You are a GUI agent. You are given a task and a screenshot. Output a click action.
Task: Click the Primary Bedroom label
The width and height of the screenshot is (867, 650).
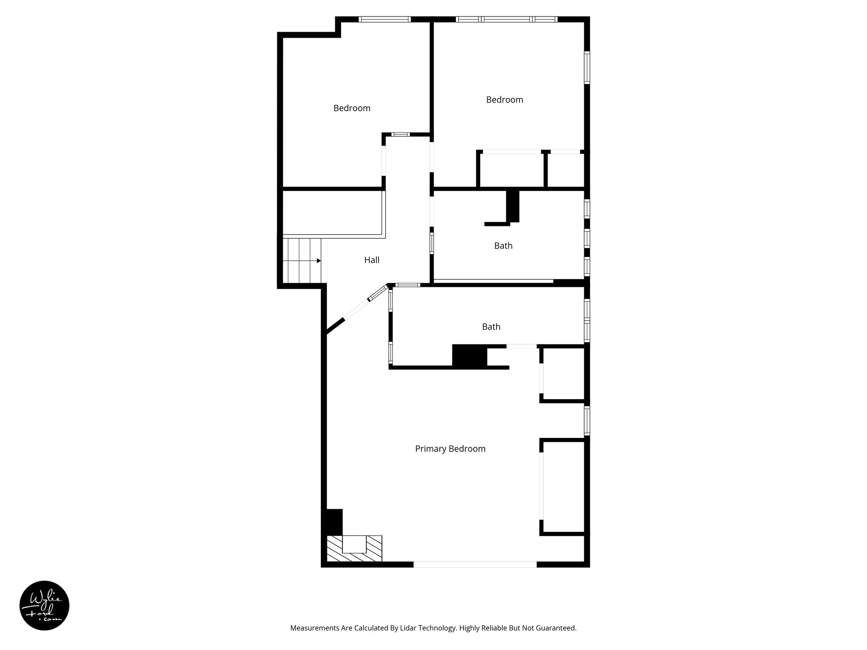[x=450, y=449]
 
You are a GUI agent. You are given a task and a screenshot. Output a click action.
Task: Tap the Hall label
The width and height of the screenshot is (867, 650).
[x=372, y=260]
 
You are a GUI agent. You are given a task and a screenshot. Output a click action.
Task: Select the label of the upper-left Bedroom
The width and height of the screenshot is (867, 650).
[x=352, y=108]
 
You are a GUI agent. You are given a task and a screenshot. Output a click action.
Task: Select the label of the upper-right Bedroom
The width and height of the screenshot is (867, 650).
[x=504, y=99]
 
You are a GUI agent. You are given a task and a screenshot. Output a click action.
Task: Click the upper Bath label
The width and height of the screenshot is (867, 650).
[x=503, y=245]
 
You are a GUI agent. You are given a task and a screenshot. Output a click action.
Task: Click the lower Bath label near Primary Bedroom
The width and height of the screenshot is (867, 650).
[x=491, y=326]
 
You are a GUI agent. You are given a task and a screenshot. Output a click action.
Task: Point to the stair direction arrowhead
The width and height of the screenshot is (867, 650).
[x=318, y=261]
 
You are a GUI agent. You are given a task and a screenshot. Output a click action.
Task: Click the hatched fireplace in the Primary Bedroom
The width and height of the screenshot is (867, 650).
[x=354, y=548]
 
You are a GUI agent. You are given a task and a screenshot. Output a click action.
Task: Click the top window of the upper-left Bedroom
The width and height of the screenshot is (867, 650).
[x=384, y=19]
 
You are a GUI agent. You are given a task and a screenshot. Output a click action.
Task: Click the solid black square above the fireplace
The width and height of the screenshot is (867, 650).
[x=334, y=522]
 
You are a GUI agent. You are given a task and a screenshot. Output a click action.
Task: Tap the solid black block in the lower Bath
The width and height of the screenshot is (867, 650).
[x=469, y=355]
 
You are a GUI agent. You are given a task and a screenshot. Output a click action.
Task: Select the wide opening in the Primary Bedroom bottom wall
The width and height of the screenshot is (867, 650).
[x=475, y=564]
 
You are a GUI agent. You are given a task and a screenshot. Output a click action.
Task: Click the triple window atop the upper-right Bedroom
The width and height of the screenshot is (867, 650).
[x=506, y=19]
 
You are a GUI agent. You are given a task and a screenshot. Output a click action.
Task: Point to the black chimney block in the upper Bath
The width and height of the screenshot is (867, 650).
[x=513, y=206]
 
